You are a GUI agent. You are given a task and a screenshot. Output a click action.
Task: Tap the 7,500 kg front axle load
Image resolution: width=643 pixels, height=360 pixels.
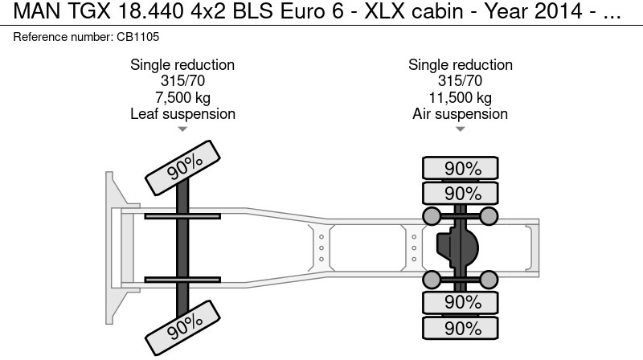coord(182,98)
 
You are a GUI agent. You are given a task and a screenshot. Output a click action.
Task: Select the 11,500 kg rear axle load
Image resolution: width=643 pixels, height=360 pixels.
coord(460,98)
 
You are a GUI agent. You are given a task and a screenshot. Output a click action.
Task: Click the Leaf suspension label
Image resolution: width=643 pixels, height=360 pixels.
coord(182,114)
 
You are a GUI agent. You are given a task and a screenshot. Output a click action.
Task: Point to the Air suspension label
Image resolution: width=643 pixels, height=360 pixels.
coord(460,114)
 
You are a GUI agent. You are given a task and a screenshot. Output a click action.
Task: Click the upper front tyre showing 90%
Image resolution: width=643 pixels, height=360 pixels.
coord(184,166)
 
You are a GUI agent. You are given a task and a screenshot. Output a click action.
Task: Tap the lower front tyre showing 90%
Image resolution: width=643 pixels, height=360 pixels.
coord(184,325)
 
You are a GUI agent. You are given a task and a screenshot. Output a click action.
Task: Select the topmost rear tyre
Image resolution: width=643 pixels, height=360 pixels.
coord(461,169)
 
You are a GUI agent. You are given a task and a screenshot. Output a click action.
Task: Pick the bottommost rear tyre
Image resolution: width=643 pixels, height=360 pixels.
coord(461,328)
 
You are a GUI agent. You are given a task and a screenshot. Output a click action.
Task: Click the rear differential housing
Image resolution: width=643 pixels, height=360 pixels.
coord(455,247)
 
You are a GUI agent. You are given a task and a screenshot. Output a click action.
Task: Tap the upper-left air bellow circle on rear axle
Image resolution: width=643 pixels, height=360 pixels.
coord(432,215)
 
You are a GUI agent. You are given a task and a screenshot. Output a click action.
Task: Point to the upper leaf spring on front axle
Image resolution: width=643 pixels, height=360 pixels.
coord(182,215)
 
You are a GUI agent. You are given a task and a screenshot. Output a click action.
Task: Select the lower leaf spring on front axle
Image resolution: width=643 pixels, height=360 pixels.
coord(182,279)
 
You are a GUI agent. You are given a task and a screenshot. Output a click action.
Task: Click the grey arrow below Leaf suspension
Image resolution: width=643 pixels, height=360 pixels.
coord(182,129)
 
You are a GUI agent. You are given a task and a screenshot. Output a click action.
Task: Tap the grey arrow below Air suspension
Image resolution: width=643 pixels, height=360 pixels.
coord(460,129)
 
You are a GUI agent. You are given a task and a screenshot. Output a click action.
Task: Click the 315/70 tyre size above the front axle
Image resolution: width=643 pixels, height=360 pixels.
coord(182,81)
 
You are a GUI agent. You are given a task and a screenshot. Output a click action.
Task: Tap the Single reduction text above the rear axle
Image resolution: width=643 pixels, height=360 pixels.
coord(460,65)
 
